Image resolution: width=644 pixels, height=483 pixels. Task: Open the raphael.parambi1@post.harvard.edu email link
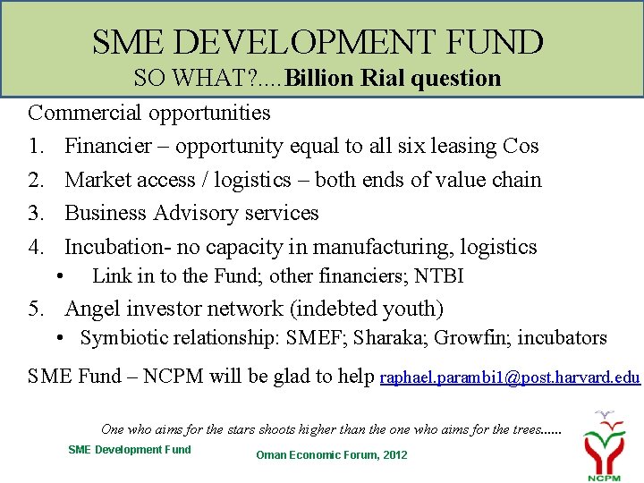click(510, 377)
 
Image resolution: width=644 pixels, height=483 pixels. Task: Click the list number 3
click(34, 213)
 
